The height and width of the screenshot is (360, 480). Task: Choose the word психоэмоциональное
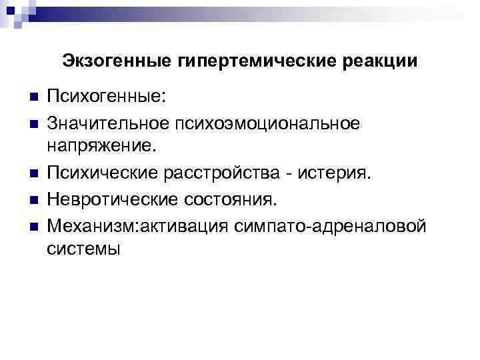coord(267,124)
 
